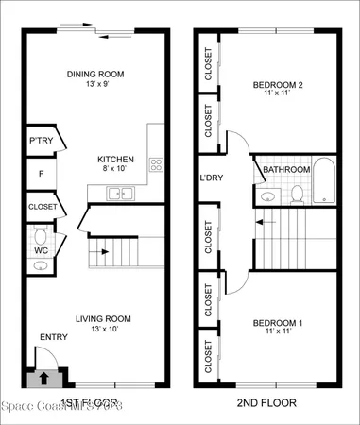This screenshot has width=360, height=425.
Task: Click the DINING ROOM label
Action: click(95, 74)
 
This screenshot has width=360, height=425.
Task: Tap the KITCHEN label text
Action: click(115, 160)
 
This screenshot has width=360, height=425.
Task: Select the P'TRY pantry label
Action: click(41, 140)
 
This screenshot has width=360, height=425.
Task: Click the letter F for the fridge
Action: click(41, 174)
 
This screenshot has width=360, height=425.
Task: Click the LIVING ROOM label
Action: click(95, 318)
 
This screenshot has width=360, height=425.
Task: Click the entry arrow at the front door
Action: click(42, 380)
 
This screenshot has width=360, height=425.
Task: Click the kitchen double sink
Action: click(120, 194)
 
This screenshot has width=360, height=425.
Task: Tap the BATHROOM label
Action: click(286, 170)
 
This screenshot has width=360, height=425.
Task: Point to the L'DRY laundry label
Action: click(211, 178)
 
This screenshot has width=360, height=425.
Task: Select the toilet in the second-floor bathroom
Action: click(296, 195)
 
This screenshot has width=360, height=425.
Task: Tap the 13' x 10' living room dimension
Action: click(95, 331)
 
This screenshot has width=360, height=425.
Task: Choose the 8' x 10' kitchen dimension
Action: click(115, 171)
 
